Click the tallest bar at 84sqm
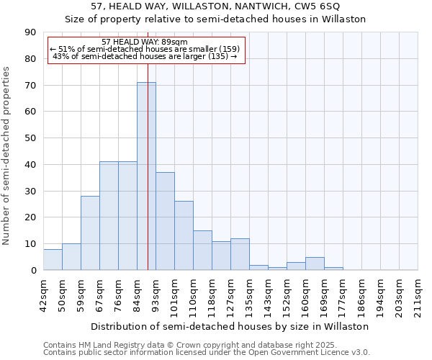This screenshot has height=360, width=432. click(146, 176)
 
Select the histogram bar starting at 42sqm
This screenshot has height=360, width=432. click(53, 260)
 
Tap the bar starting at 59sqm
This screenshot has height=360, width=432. click(90, 233)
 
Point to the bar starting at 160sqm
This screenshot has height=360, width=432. click(315, 264)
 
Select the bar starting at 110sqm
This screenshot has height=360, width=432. click(202, 251)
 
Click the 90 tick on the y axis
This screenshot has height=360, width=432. click(30, 32)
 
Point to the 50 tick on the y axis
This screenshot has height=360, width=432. click(30, 138)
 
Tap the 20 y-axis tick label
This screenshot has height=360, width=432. click(30, 217)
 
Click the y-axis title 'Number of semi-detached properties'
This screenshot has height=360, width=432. click(7, 156)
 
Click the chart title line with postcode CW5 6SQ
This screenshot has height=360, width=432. click(215, 7)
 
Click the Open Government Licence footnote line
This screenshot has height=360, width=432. click(207, 353)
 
